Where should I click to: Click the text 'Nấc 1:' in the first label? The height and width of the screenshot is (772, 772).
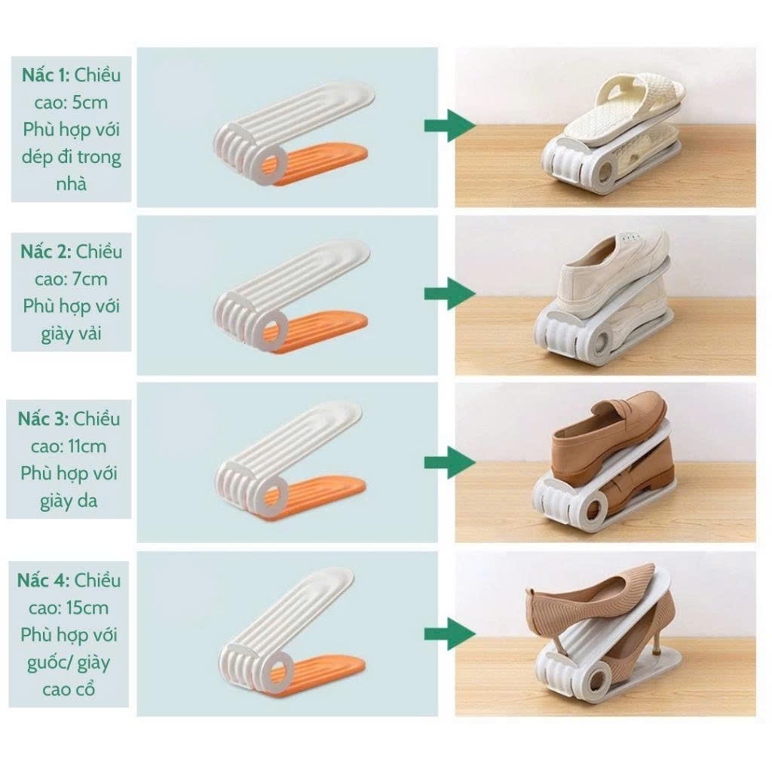point(46,75)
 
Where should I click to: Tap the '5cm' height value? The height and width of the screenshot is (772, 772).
point(90,103)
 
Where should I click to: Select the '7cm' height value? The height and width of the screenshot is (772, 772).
point(90,279)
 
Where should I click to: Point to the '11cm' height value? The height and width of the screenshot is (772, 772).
point(87,446)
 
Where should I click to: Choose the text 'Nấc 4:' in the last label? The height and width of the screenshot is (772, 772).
point(43,581)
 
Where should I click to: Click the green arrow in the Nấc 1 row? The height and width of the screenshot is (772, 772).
point(450,126)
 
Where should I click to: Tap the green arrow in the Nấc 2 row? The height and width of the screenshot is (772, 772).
point(450,294)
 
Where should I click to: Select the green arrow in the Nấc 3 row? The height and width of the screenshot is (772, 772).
point(450,463)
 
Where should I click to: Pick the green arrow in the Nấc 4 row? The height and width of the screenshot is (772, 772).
point(450,634)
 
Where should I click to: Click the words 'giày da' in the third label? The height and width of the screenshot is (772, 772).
point(69,501)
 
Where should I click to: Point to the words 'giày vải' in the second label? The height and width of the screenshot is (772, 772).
point(71,334)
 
